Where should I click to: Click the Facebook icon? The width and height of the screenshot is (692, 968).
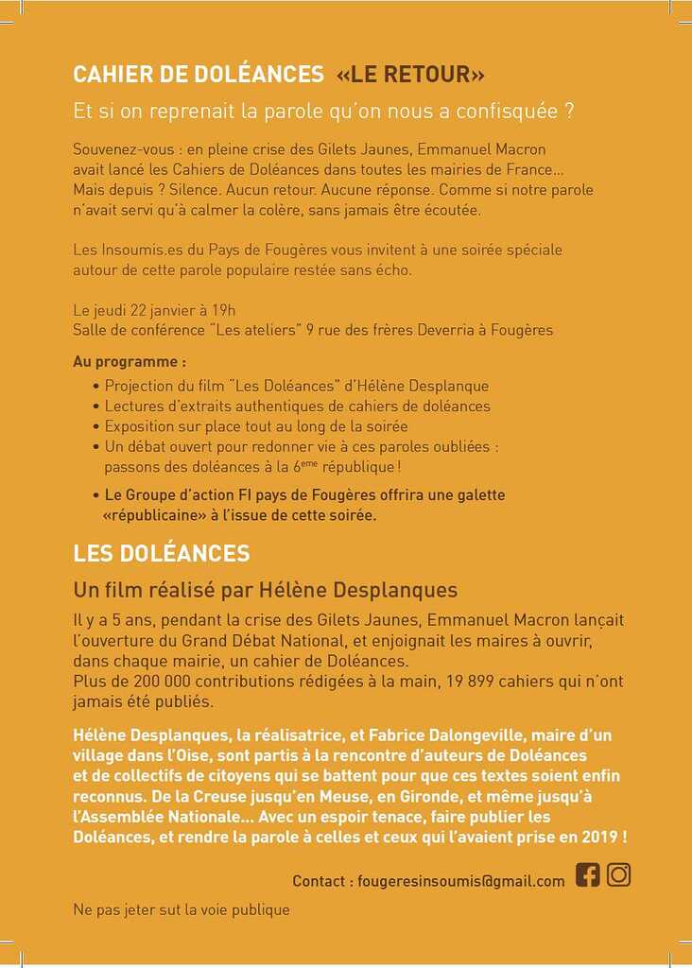pos(588,874)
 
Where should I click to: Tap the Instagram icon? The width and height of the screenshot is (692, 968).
pos(618,874)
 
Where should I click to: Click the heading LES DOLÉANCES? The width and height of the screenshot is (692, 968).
pos(162,553)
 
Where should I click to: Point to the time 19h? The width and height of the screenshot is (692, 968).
pos(223,310)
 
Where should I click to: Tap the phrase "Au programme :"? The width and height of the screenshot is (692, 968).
pos(130,361)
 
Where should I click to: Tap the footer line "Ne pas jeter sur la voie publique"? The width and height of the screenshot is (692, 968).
pos(182,910)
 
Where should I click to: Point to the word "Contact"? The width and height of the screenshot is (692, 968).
pos(320,881)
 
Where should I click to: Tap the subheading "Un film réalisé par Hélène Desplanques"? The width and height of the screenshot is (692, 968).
pos(266,590)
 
